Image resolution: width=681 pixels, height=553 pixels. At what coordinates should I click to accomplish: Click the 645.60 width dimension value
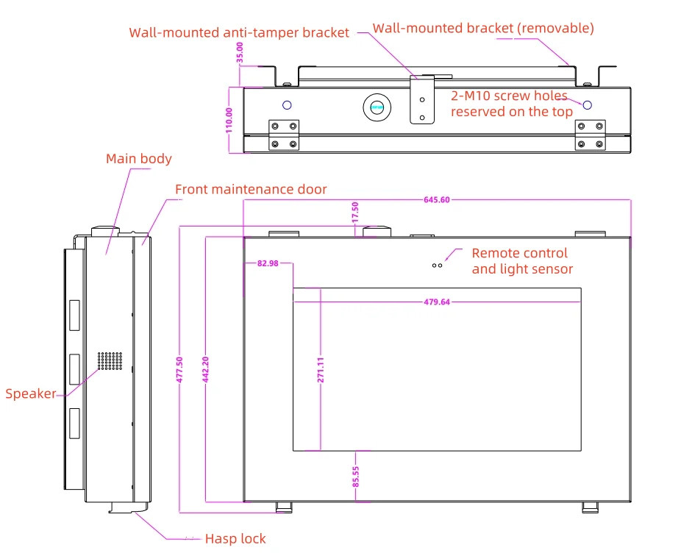[437, 200]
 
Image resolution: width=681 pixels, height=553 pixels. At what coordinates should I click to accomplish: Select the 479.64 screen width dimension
[437, 302]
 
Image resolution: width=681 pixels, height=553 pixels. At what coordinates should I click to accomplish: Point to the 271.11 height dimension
[321, 370]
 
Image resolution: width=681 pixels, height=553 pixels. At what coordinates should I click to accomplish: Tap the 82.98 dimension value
[268, 263]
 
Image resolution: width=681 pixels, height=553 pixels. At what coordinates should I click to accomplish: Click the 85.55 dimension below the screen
[356, 477]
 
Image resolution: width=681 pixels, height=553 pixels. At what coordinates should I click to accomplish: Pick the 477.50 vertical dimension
[179, 370]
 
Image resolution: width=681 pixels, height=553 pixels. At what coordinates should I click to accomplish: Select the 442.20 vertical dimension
[205, 370]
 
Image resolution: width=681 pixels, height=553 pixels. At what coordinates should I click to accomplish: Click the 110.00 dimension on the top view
[229, 121]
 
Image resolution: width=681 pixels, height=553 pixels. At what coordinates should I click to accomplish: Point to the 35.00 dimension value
[239, 52]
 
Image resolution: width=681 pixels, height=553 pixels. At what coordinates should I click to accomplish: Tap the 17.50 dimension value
[354, 213]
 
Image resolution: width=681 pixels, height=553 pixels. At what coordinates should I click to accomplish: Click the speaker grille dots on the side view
[110, 361]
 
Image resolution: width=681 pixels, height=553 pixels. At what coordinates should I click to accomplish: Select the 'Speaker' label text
[31, 393]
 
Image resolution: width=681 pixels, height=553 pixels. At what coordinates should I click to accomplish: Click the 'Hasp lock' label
[235, 539]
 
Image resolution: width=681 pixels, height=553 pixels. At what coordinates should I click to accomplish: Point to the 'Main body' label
[139, 159]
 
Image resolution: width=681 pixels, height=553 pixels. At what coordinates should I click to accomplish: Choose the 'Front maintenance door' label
[251, 190]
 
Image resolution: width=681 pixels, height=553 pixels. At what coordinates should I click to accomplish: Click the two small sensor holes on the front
[438, 265]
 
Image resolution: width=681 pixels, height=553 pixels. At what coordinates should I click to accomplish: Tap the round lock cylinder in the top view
[377, 107]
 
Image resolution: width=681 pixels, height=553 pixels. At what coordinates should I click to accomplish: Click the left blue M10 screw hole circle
[287, 105]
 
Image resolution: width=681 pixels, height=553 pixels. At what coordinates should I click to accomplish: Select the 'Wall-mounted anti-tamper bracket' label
[239, 32]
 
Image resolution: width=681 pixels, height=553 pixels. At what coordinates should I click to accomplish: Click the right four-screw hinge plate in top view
[591, 135]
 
